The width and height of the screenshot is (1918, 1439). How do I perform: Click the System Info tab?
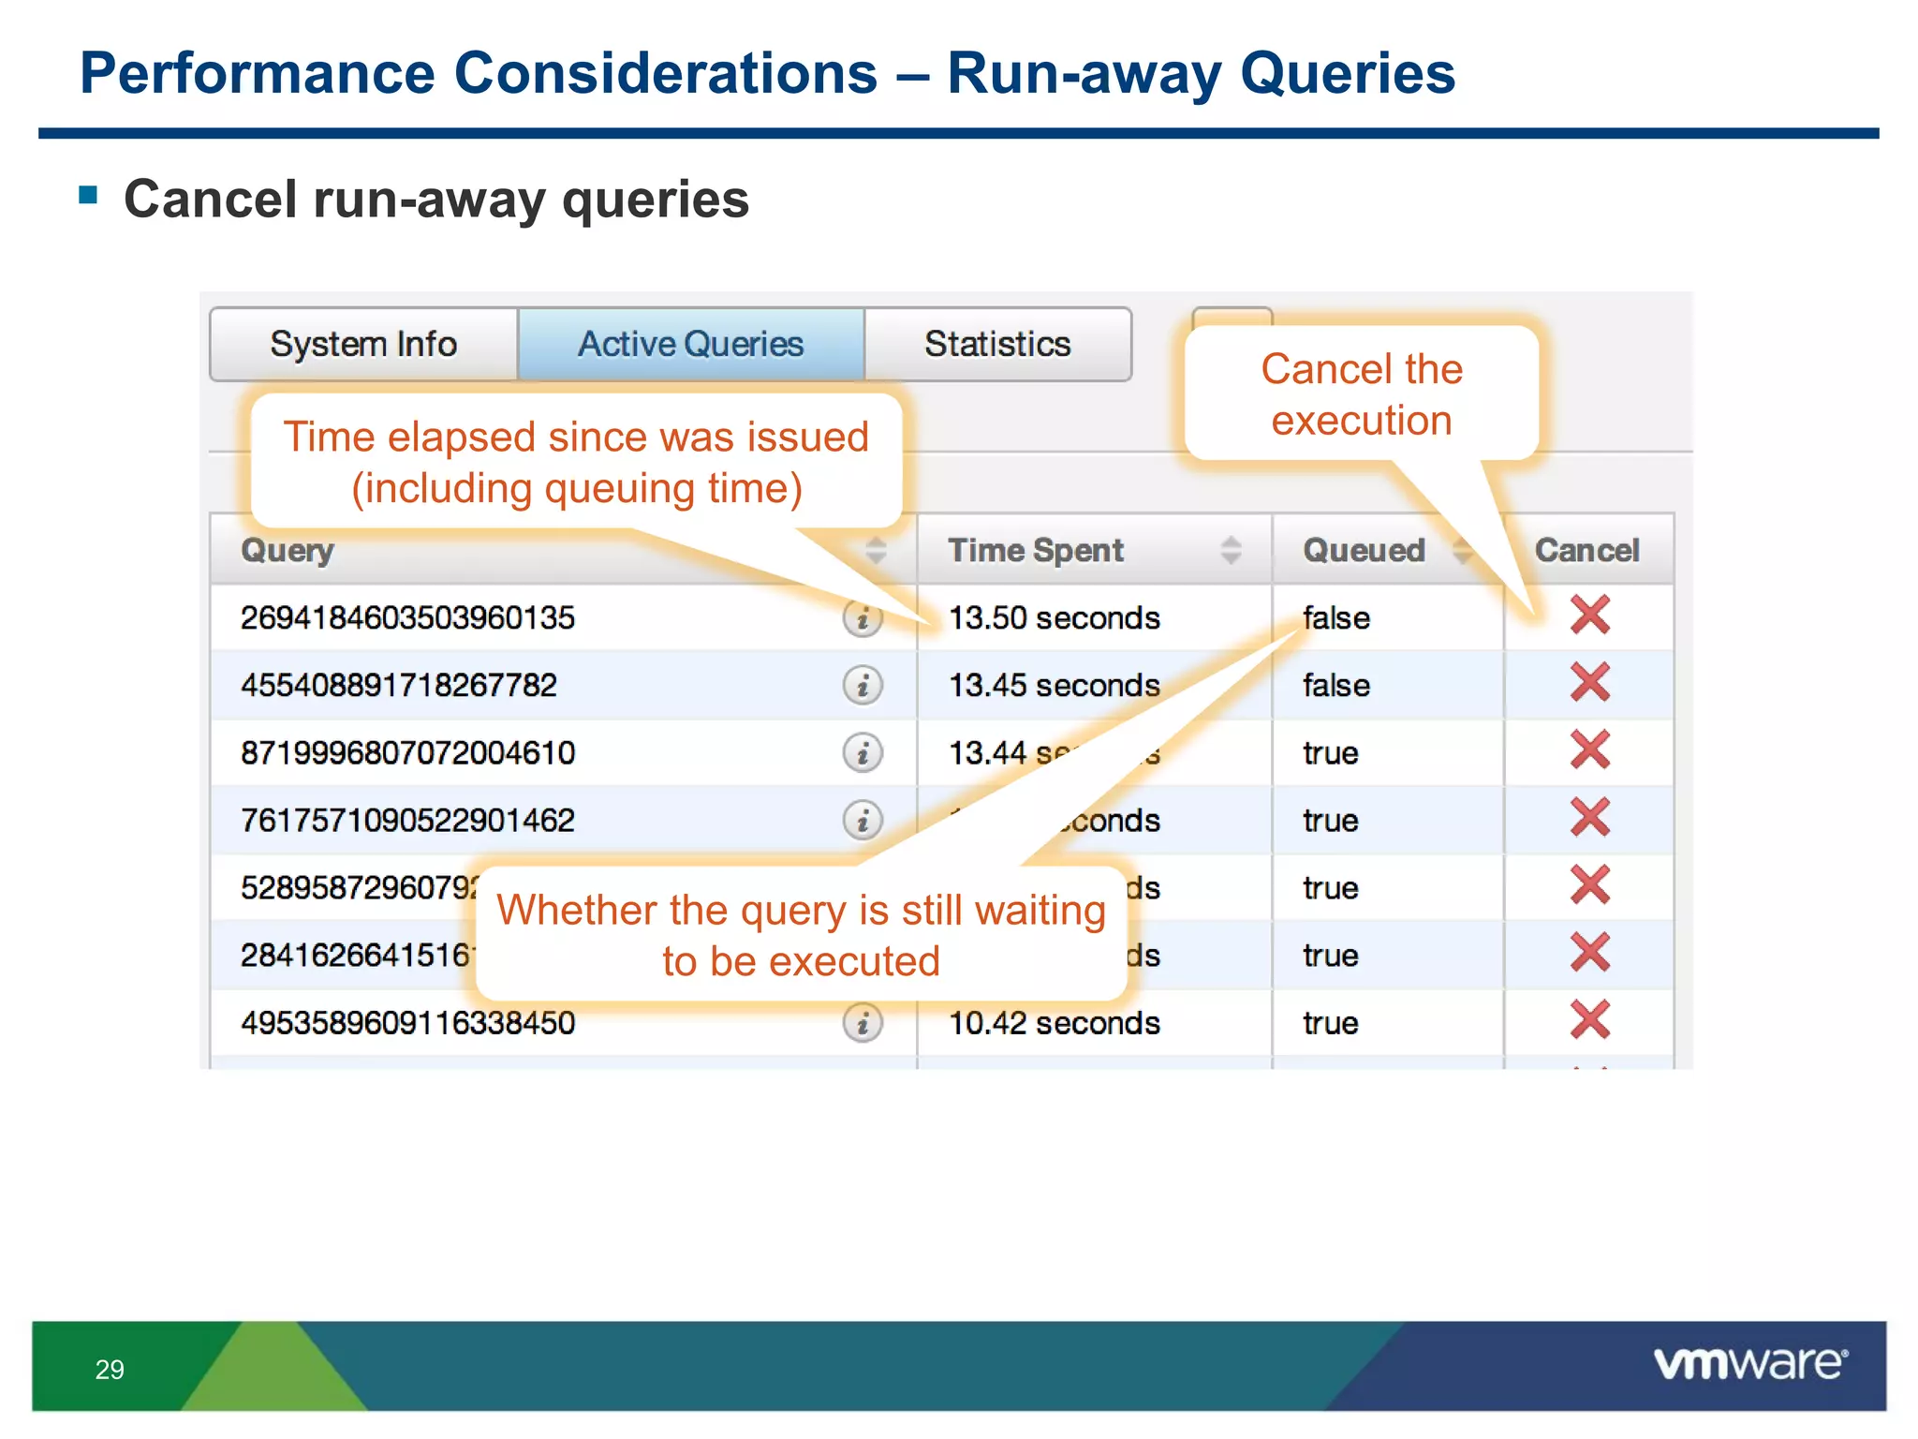click(363, 344)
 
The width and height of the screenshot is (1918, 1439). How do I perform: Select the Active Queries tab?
click(690, 344)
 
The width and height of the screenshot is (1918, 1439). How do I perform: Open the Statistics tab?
click(997, 344)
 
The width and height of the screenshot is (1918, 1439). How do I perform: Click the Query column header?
click(288, 550)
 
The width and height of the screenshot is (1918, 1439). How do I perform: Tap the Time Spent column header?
click(1036, 550)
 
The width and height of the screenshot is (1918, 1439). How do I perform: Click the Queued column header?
click(1364, 550)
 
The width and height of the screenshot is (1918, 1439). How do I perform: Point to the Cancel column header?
click(1586, 550)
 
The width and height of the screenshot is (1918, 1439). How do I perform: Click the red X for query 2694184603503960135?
click(1590, 616)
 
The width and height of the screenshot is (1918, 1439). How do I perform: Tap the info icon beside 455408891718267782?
click(863, 686)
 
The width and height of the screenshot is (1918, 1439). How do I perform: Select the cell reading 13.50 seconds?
click(1055, 618)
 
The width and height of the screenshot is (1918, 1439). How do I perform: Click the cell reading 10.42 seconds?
click(1055, 1023)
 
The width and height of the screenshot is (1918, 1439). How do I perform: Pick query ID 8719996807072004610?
click(407, 753)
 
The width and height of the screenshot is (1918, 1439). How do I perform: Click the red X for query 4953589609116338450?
click(1590, 1020)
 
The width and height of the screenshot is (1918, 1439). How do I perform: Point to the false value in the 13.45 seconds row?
click(1335, 686)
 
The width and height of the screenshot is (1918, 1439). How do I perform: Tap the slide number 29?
click(110, 1370)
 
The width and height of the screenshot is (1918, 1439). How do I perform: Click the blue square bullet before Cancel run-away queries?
click(89, 195)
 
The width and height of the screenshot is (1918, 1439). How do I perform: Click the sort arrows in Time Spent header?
click(1232, 550)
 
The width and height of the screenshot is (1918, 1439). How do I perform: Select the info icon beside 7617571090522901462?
click(863, 821)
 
